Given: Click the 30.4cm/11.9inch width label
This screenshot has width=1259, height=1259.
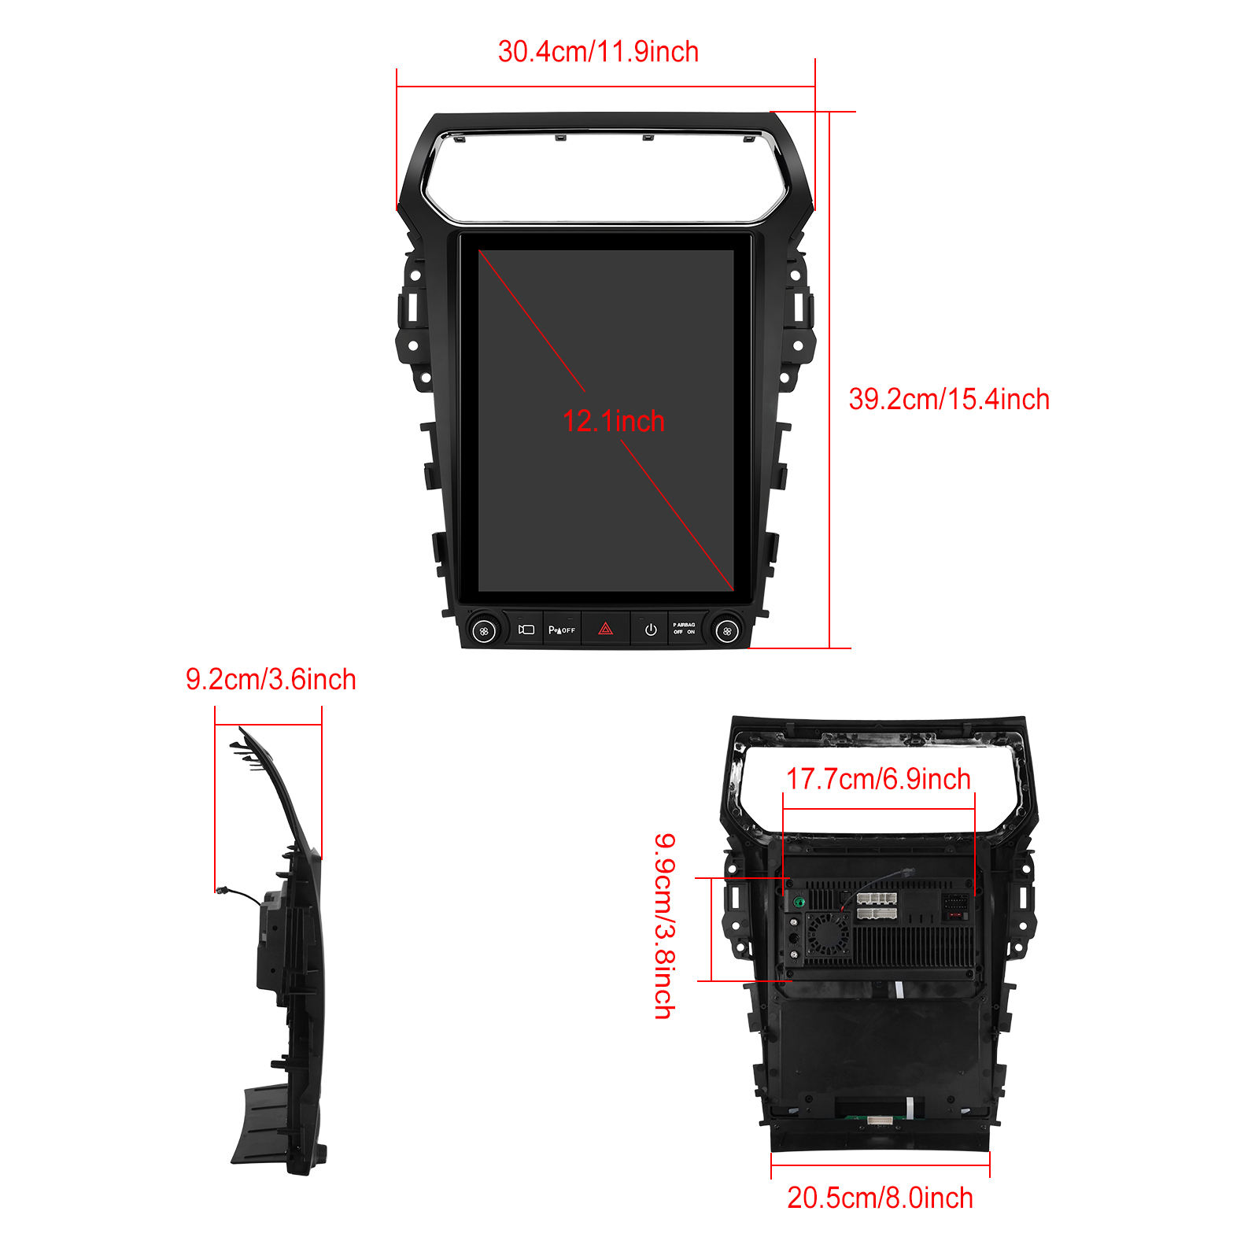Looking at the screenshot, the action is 598,52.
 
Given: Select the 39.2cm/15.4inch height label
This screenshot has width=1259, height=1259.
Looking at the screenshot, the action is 949,399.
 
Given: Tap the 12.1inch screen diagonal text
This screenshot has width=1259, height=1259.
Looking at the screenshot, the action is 614,421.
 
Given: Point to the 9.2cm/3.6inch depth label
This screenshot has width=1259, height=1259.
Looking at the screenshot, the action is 271,679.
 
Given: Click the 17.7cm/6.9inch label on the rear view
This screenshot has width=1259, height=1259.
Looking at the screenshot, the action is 878,779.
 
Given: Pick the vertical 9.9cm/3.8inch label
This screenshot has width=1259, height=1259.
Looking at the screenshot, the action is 665,926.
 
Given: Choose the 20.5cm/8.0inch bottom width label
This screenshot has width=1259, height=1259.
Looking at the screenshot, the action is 880,1198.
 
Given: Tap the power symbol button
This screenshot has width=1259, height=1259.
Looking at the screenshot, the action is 651,629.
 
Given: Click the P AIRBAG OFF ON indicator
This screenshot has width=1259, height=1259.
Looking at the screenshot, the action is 684,629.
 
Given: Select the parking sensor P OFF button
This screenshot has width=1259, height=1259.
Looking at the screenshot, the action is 562,629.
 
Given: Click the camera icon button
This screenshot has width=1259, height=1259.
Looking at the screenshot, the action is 526,629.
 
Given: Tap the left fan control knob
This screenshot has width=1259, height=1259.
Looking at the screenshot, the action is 484,631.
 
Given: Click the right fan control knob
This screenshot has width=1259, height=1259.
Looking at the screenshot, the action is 727,631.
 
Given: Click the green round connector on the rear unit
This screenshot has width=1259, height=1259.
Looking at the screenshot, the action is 799,902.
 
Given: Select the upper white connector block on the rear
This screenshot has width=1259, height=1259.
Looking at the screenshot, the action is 877,899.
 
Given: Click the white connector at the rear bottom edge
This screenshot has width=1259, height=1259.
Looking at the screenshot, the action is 881,1119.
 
